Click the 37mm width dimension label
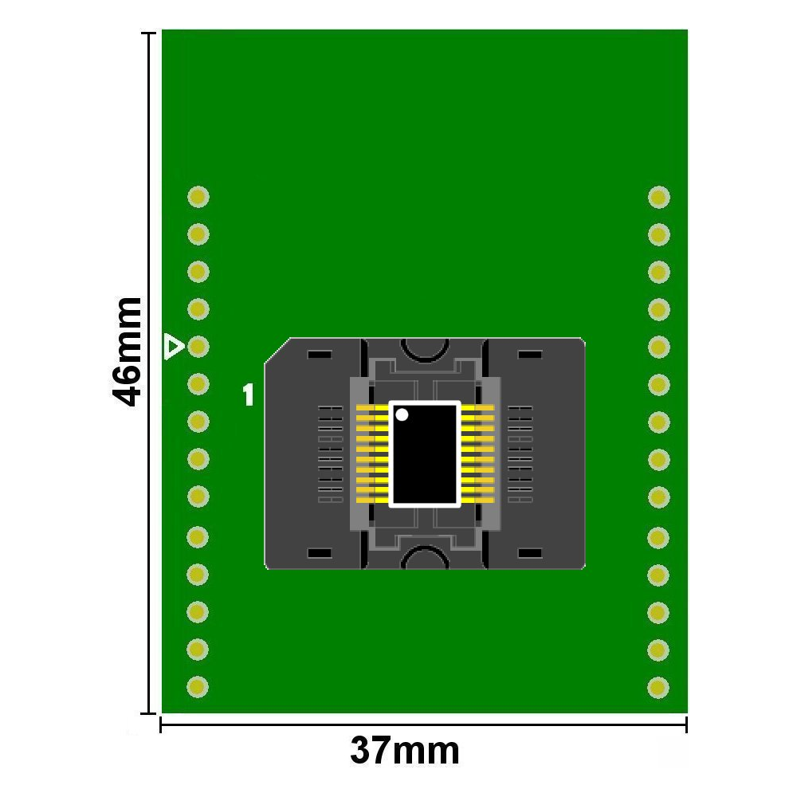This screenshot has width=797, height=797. click(x=405, y=751)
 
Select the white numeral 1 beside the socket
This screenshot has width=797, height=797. click(x=249, y=395)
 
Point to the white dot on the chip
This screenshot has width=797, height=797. click(x=402, y=414)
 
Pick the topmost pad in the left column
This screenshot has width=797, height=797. click(x=198, y=196)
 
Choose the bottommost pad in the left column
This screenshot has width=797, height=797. click(x=198, y=685)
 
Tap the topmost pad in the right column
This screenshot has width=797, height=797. click(x=658, y=196)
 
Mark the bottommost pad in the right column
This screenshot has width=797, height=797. click(x=658, y=685)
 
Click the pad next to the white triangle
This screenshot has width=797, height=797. click(x=198, y=347)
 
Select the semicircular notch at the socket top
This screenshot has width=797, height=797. click(x=424, y=347)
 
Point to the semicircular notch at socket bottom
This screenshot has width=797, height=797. click(x=424, y=558)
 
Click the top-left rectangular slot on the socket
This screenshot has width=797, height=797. click(x=320, y=354)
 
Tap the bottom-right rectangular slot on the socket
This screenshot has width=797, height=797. click(x=529, y=553)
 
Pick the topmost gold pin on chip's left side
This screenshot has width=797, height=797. click(x=371, y=409)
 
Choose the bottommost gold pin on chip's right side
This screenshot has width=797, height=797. click(x=477, y=500)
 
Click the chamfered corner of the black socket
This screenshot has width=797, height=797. click(x=275, y=349)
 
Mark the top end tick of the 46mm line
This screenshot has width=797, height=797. click(x=148, y=33)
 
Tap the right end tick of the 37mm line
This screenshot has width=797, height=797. click(x=686, y=724)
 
